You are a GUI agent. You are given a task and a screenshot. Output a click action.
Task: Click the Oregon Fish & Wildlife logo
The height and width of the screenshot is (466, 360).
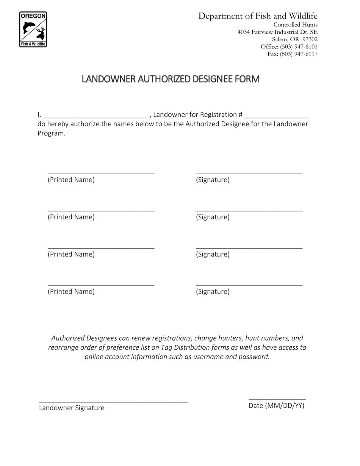(x=33, y=30)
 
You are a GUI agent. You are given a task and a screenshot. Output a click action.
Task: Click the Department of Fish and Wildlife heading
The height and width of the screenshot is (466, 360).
(x=258, y=16)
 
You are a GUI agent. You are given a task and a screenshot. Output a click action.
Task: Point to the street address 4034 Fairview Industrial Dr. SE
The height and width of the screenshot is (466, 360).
(x=277, y=32)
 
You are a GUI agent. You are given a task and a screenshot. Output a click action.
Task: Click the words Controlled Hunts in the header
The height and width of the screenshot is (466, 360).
(x=295, y=25)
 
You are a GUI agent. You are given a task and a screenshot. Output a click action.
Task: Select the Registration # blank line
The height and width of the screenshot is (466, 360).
(x=277, y=115)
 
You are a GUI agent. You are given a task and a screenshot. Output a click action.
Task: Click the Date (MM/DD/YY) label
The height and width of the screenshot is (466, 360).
(x=276, y=406)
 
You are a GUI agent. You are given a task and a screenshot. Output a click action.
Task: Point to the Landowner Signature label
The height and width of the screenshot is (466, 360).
(x=72, y=408)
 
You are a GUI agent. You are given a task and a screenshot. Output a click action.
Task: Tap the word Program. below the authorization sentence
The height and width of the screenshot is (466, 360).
(x=52, y=133)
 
